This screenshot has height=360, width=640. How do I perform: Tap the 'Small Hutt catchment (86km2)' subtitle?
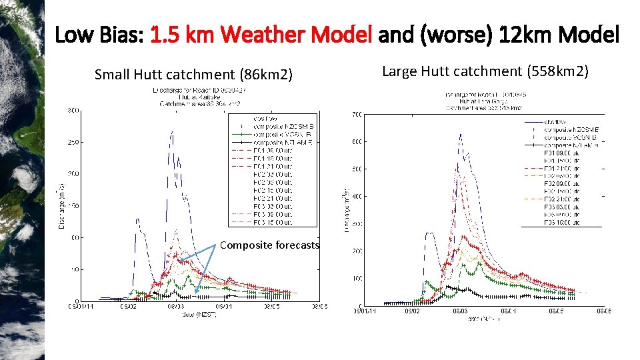(193, 74)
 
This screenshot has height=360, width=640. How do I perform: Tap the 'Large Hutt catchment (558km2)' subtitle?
(485, 71)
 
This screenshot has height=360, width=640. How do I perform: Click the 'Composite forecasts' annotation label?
(269, 245)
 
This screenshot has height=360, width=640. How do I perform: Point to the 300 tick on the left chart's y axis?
(70, 111)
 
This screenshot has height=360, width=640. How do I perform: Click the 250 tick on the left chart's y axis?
(70, 143)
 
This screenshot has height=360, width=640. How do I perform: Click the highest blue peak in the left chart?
(172, 133)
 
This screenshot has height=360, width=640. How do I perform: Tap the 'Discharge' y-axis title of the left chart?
(61, 200)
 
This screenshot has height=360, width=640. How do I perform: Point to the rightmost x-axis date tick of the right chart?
(603, 311)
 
